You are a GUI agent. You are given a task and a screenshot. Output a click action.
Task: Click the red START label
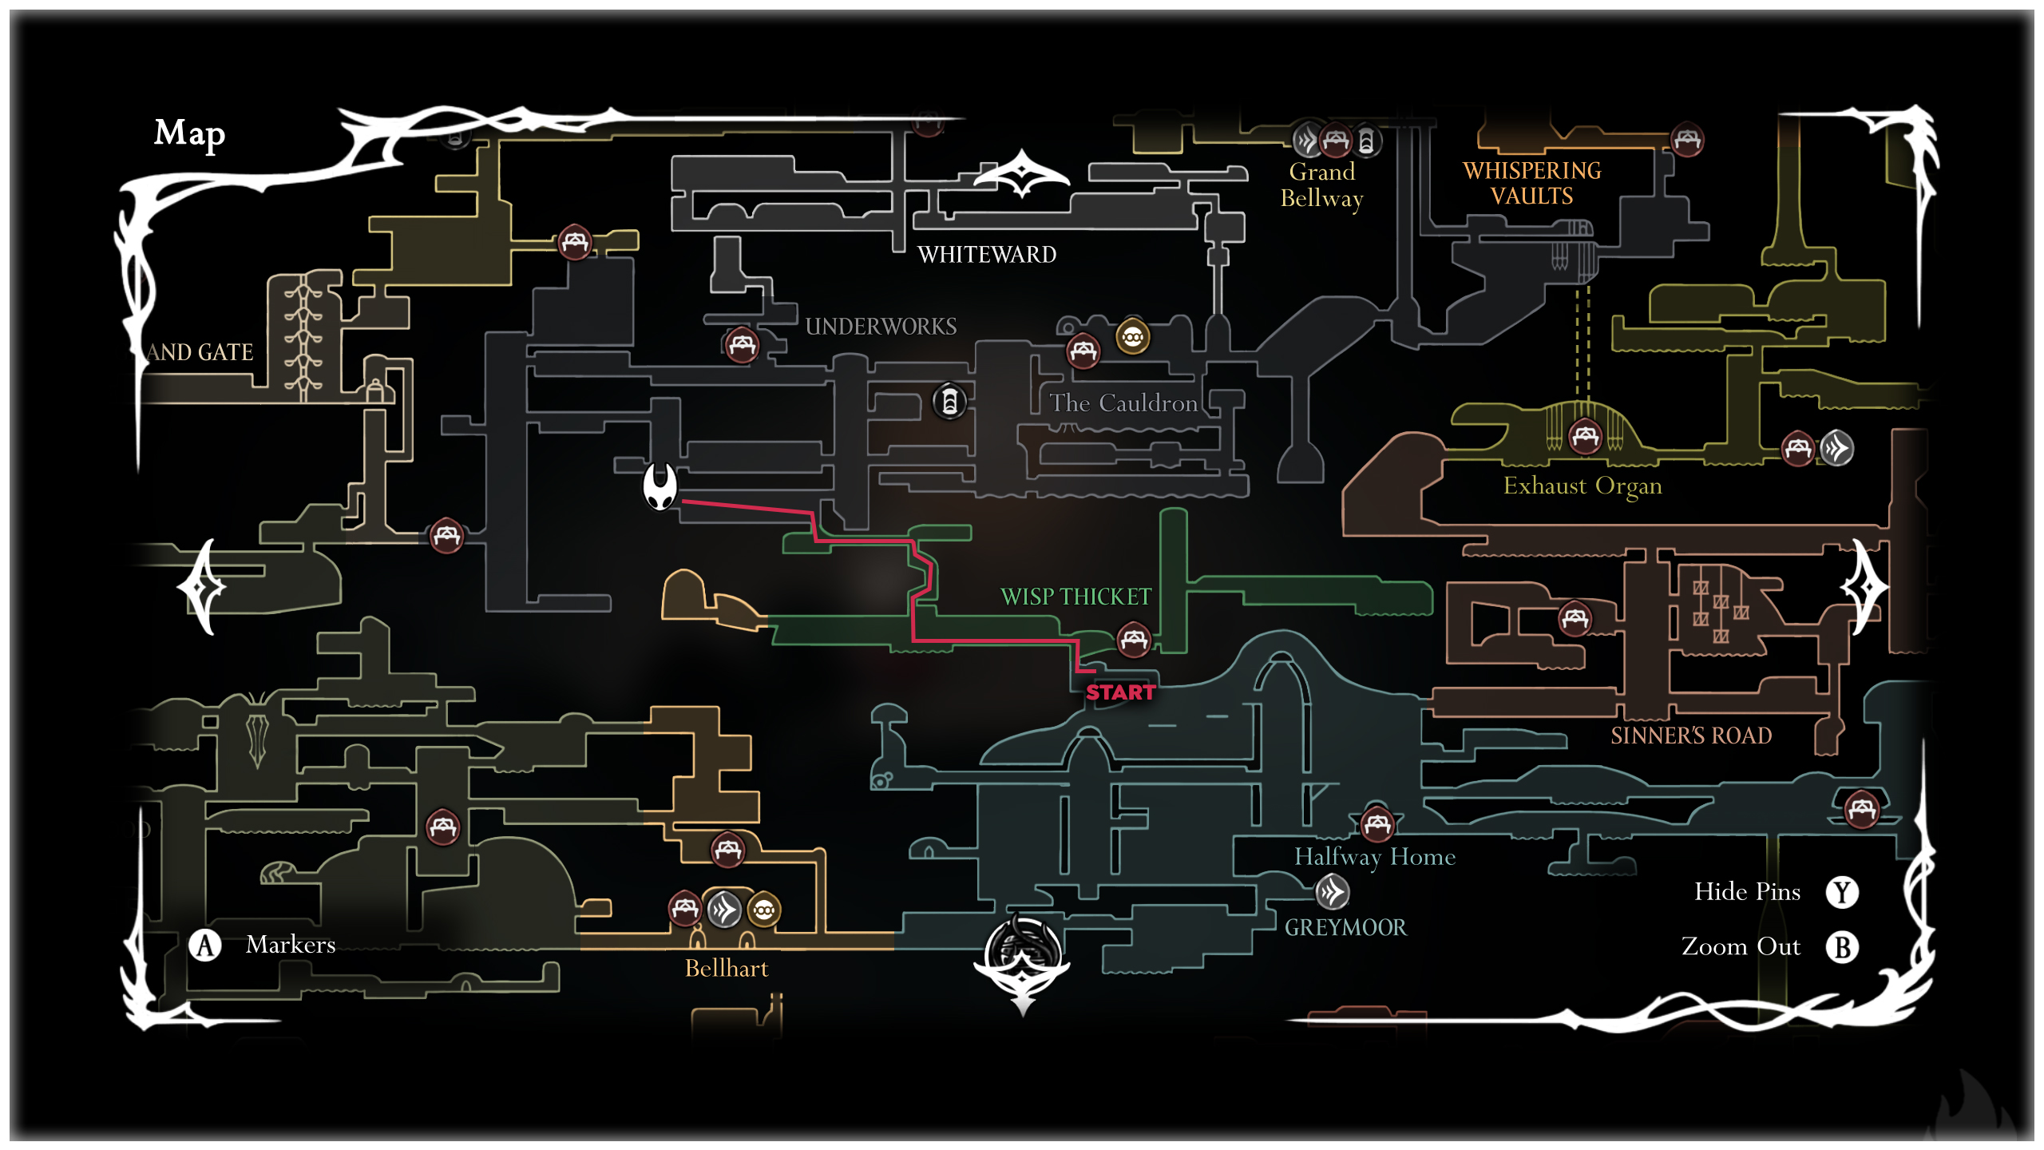(x=1120, y=692)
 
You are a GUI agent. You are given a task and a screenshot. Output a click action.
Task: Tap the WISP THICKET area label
(x=1075, y=597)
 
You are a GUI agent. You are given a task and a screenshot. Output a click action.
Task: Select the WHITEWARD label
(x=987, y=255)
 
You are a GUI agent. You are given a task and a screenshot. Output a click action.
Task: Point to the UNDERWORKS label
(x=881, y=327)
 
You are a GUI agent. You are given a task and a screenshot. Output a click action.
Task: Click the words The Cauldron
(x=1123, y=403)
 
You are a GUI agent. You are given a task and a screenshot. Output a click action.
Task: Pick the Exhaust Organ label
(x=1583, y=486)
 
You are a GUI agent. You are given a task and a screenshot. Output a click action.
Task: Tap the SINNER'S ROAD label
(x=1691, y=736)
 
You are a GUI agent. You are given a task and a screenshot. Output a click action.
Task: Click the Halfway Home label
(x=1374, y=857)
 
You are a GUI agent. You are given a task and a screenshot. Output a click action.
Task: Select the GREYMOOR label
(x=1345, y=927)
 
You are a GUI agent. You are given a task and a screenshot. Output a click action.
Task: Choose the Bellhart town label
(x=727, y=969)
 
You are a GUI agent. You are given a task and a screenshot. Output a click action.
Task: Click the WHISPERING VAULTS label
(x=1531, y=184)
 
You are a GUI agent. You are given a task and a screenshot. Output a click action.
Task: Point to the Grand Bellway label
(x=1322, y=184)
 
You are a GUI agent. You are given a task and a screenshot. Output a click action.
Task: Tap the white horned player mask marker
(x=660, y=486)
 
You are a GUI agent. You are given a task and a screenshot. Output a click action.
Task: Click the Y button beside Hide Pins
(x=1842, y=892)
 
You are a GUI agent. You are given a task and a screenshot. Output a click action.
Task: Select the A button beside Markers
(x=205, y=946)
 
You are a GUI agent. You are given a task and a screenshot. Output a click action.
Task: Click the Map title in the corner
(x=189, y=133)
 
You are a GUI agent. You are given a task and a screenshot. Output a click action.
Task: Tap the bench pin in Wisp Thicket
(x=1134, y=640)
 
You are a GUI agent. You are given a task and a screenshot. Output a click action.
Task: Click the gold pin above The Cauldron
(x=1132, y=337)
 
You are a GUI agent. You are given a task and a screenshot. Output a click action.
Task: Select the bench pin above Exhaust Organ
(x=1585, y=436)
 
